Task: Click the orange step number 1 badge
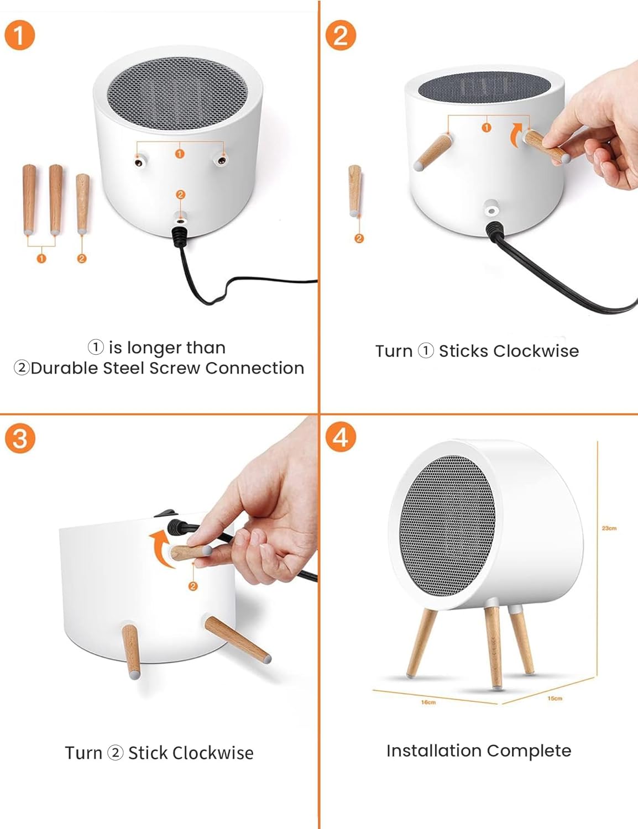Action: point(19,35)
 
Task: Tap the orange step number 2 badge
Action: point(341,35)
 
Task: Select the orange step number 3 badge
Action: point(19,439)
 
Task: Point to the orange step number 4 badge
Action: point(341,437)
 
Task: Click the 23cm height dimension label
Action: point(609,528)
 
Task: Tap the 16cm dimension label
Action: point(428,702)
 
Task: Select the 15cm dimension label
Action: point(555,699)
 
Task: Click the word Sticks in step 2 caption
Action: point(463,351)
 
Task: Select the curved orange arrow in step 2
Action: point(515,134)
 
